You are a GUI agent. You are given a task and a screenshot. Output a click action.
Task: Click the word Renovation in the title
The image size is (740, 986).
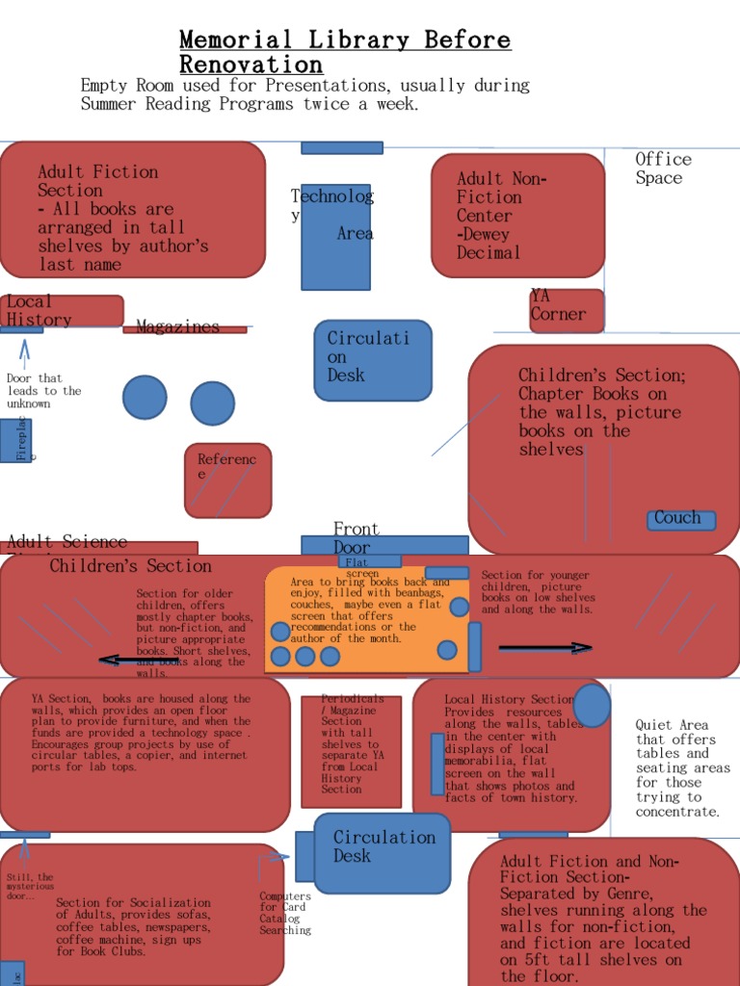251,65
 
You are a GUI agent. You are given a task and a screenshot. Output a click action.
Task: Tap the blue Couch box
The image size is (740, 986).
681,520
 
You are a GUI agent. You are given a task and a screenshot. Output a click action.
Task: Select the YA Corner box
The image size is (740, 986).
567,310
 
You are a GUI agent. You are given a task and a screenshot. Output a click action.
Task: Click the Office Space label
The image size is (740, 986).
663,169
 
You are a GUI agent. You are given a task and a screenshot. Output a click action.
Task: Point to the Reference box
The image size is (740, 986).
227,480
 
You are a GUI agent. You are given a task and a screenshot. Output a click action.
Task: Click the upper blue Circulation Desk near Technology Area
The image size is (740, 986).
373,360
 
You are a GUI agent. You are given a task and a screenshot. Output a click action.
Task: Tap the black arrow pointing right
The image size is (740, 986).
545,648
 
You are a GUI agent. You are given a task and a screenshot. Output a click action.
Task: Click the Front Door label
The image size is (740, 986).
357,538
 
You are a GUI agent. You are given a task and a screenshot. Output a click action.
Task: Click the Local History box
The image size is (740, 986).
62,311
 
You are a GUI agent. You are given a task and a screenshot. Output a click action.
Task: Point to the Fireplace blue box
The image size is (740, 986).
16,440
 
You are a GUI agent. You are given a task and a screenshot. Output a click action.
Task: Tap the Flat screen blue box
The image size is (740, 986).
369,560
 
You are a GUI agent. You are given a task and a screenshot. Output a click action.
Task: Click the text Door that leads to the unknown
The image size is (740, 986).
43,391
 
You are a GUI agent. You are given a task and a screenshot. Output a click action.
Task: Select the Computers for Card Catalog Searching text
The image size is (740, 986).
285,914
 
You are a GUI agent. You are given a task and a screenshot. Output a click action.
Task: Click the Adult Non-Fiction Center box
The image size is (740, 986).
517,216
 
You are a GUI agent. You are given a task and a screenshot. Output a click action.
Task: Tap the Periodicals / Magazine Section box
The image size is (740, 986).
351,750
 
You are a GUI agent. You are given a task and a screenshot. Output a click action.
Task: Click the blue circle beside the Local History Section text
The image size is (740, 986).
592,705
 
